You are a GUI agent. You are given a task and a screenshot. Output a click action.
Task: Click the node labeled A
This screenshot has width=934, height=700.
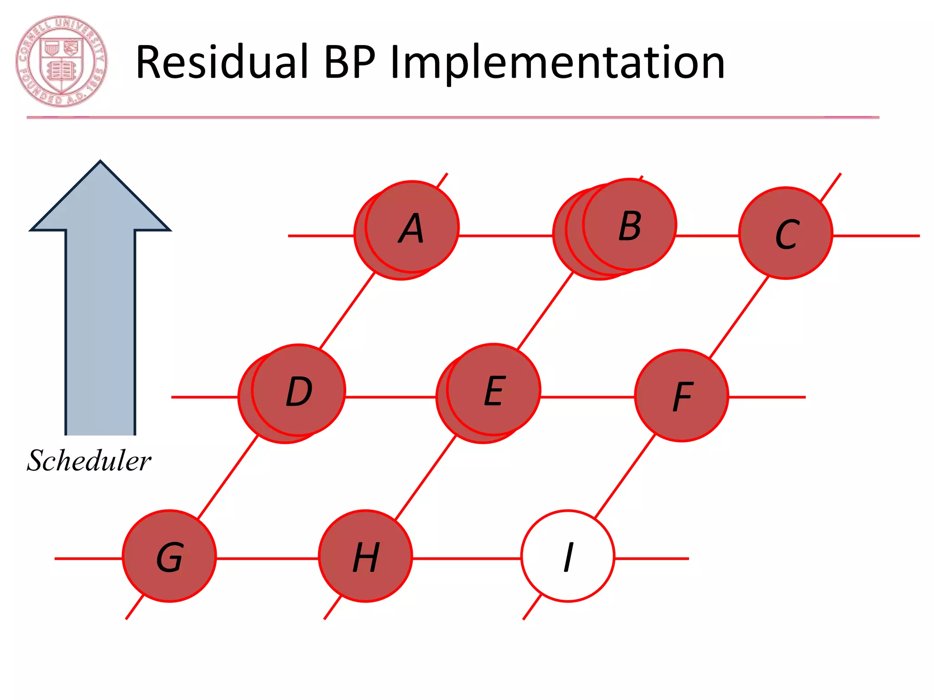tap(412, 227)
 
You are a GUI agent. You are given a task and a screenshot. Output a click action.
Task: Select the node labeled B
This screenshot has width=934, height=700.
tap(629, 225)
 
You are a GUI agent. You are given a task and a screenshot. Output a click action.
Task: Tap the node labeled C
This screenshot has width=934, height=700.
tap(786, 233)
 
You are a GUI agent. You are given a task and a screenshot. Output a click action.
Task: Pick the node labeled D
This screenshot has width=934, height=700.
tap(298, 390)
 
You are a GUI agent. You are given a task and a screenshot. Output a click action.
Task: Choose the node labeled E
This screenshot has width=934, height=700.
tap(494, 390)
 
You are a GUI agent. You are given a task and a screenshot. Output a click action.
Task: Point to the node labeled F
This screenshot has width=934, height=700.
tap(682, 396)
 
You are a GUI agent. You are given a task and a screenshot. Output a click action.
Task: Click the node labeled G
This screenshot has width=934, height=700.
tap(170, 556)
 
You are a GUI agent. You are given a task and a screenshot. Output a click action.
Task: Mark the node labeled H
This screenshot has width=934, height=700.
tap(365, 556)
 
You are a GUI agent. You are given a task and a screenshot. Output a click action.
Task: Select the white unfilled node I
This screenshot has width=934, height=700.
tap(568, 556)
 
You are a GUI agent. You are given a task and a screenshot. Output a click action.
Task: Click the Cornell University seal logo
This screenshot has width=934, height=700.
tap(62, 62)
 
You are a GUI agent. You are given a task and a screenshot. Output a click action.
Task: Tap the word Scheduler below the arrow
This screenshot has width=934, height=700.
tap(89, 460)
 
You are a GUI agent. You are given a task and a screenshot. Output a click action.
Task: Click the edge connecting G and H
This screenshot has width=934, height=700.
tap(267, 558)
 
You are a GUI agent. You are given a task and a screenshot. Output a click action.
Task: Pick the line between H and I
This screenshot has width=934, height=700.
tap(467, 558)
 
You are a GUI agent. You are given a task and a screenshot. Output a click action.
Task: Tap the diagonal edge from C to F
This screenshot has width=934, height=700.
tap(739, 317)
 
